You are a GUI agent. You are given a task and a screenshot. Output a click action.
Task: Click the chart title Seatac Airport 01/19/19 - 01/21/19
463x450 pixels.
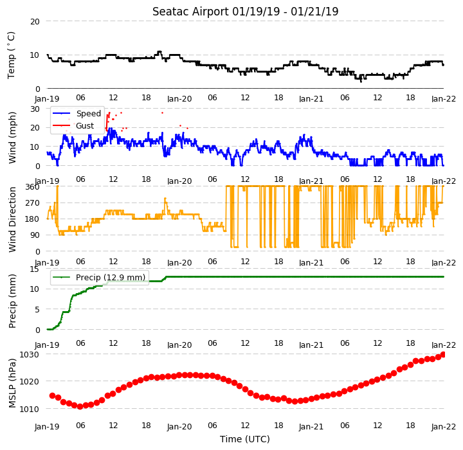(245, 12)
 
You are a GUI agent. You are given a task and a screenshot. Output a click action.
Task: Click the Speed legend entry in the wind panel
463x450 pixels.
(77, 113)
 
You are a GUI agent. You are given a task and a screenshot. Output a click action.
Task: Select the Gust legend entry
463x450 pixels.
(73, 125)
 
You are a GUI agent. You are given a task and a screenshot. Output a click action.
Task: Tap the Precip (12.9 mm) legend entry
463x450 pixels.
(99, 277)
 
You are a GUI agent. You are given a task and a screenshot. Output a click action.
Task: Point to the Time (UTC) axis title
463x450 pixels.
(245, 439)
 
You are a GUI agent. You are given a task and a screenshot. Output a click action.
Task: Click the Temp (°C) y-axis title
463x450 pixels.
(11, 55)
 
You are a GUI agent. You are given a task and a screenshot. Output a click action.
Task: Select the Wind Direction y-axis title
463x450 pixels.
(12, 219)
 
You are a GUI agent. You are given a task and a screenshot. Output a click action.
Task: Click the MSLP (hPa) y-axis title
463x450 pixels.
(12, 383)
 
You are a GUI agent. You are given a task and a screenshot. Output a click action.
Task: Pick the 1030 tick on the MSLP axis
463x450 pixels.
(29, 354)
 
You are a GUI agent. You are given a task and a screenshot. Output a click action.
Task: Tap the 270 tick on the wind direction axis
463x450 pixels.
(33, 203)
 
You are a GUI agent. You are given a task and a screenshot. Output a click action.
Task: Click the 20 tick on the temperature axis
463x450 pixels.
(35, 22)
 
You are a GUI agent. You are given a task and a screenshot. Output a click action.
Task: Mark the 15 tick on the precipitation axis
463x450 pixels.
(34, 269)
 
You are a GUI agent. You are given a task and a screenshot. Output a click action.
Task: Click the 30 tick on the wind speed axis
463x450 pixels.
(35, 109)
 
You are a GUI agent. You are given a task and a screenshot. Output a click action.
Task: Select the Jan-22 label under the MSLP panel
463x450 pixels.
(444, 427)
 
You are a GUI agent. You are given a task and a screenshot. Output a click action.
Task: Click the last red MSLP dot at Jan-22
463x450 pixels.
(443, 355)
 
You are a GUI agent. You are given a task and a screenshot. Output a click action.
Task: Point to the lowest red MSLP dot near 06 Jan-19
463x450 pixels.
(80, 406)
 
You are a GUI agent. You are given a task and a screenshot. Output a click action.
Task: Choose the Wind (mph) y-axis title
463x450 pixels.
(12, 138)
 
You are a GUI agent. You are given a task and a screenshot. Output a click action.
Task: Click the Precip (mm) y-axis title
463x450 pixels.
(12, 301)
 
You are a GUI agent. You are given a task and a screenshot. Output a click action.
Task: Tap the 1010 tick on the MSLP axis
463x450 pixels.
(29, 409)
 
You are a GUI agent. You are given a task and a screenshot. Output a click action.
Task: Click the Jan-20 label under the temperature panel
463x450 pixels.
(179, 98)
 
